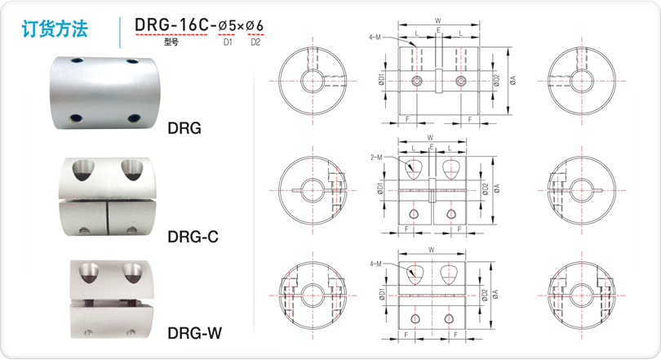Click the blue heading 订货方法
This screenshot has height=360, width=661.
point(55,29)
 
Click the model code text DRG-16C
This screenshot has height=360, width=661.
point(171,24)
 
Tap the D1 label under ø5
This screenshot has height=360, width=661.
point(228,42)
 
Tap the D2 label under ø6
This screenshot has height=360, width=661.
point(255,42)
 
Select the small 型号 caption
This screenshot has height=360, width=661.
point(171,42)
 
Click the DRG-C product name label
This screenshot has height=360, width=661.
point(193,237)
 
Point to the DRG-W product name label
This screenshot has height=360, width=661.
point(194,333)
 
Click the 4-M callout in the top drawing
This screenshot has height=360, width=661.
point(375,38)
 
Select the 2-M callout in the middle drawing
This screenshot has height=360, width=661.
point(376,158)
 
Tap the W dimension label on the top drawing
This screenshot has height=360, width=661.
point(438,20)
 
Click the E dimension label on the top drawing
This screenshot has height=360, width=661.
point(438,30)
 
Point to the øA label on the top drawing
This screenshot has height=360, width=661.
point(512,80)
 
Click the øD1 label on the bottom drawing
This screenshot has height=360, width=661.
point(382,294)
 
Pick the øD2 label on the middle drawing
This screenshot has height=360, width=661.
point(486,189)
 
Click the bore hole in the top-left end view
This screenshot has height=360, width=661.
point(313,81)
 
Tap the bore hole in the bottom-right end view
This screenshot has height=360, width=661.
point(582,295)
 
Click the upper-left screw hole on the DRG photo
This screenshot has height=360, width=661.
point(78,61)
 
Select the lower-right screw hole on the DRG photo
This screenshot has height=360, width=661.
point(134,118)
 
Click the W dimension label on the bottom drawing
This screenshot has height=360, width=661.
point(431,250)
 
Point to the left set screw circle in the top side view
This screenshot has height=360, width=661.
point(418,81)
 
